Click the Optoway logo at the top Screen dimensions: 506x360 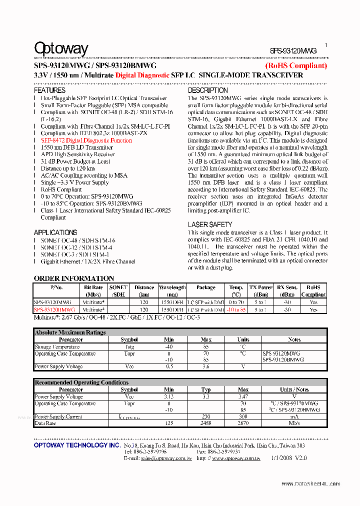[x=61, y=48]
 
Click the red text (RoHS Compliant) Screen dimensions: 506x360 [x=296, y=65]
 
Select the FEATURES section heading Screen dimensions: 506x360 [x=49, y=90]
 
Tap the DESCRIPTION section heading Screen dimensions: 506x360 [x=208, y=90]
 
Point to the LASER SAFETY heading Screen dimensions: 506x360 [x=210, y=225]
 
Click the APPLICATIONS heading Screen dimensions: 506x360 [x=55, y=232]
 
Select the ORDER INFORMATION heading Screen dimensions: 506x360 [x=74, y=278]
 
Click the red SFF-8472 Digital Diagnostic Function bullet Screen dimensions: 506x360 [x=86, y=140]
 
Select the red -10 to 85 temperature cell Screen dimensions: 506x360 [x=236, y=309]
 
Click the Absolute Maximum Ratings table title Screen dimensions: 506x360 [x=70, y=332]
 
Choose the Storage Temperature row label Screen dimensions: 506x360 [x=57, y=346]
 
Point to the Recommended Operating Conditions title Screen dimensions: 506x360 [x=81, y=382]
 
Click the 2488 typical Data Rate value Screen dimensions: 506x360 [x=205, y=423]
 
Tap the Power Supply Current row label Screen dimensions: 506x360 [x=58, y=416]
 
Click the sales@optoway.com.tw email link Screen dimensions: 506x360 [x=166, y=458]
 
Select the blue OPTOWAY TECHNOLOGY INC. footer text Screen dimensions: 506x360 [x=77, y=445]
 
